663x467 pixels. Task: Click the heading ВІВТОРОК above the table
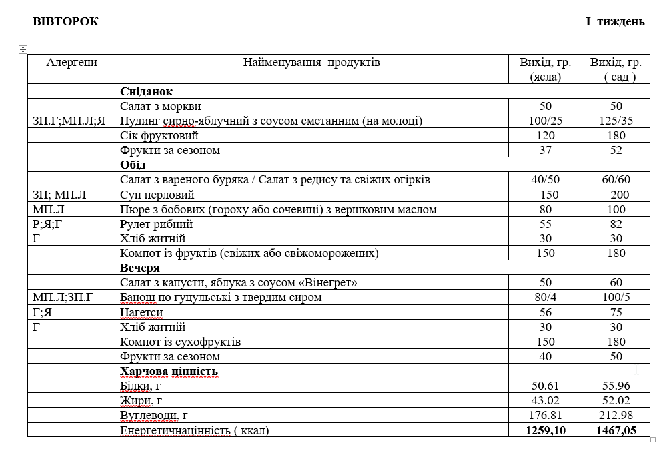pos(65,21)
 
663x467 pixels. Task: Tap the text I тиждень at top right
pos(615,21)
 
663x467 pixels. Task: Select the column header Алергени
pos(71,63)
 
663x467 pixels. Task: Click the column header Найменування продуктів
pos(311,63)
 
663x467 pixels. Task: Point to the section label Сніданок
pos(146,91)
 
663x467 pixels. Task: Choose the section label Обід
pos(133,165)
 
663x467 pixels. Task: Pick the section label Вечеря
pos(140,268)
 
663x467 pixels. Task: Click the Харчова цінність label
pos(169,371)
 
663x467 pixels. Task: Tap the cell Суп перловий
pos(157,195)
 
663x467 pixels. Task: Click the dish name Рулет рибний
pos(156,224)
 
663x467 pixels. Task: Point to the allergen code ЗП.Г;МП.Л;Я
pos(69,121)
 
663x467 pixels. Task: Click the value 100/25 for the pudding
pos(545,121)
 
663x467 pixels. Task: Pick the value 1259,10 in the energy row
pos(546,430)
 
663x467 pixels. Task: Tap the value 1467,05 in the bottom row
pos(616,430)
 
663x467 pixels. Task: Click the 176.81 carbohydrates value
pos(546,415)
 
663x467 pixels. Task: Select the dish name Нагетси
pos(141,312)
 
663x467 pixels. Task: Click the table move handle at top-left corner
pos(23,49)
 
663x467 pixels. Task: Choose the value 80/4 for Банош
pos(545,297)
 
